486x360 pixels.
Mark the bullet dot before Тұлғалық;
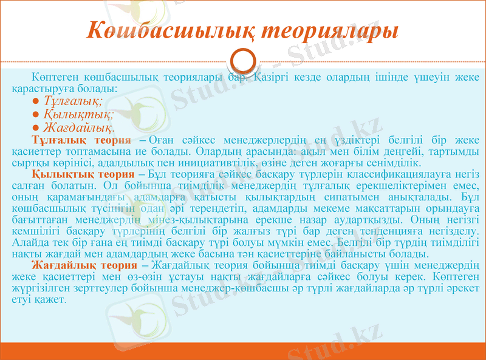(x=37, y=101)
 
